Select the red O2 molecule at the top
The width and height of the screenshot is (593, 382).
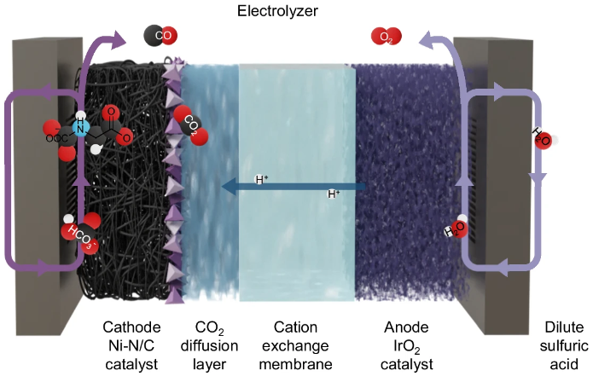[x=386, y=36]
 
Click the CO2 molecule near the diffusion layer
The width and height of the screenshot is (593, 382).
[x=187, y=123]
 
